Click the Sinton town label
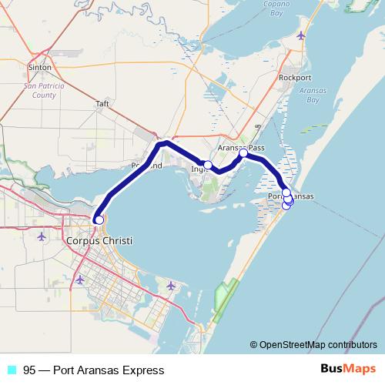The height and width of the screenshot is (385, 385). [38, 68]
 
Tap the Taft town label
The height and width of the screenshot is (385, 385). [102, 103]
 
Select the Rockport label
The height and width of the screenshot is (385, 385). [294, 78]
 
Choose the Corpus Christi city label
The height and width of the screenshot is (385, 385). [100, 241]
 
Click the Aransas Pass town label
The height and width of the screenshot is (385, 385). [240, 146]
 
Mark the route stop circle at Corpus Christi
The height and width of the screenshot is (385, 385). [99, 220]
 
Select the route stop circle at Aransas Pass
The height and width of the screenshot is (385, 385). [243, 153]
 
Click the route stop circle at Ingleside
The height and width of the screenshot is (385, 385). [208, 165]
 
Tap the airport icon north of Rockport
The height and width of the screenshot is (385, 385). [300, 35]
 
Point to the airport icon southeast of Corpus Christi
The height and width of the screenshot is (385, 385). [171, 286]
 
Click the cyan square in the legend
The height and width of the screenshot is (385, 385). [11, 370]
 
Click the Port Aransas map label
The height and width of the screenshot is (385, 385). [291, 197]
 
